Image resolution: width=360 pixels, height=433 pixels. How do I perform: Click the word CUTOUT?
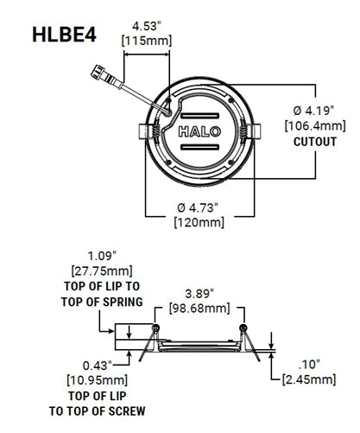pos(314,142)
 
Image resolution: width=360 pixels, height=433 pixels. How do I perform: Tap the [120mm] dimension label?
pos(199,223)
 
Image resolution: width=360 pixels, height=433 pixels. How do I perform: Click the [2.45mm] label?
pos(308,379)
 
